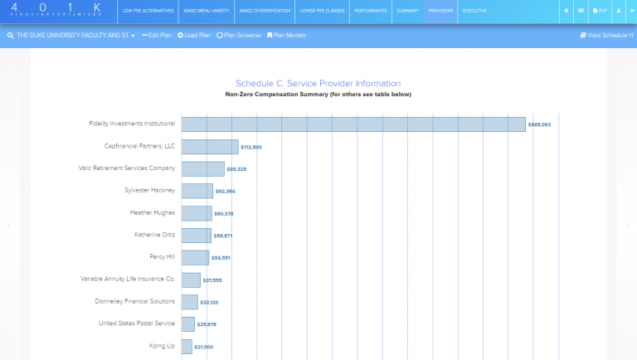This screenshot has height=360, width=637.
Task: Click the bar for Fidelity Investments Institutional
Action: [x=353, y=124]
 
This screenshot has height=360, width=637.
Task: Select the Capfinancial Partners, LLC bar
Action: [x=210, y=147]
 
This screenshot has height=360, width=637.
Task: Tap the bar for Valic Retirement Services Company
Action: [x=203, y=169]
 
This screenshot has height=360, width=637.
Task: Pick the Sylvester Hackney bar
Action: [x=197, y=191]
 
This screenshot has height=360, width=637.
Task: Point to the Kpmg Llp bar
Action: [x=187, y=346]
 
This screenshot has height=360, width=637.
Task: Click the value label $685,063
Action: [x=539, y=124]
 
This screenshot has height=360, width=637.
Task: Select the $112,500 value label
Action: [x=250, y=147]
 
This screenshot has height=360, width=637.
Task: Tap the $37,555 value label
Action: [x=213, y=280]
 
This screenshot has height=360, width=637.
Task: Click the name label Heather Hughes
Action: [x=153, y=212]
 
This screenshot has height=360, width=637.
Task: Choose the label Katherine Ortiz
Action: [x=155, y=235]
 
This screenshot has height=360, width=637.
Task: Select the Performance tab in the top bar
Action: [x=370, y=11]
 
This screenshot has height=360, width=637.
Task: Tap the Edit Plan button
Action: [x=157, y=36]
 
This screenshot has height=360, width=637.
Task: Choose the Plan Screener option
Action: [x=239, y=36]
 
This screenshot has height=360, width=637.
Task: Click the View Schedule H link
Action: [x=606, y=36]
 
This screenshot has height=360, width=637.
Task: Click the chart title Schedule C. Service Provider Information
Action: [x=318, y=83]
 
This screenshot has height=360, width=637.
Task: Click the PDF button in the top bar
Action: [x=600, y=11]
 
